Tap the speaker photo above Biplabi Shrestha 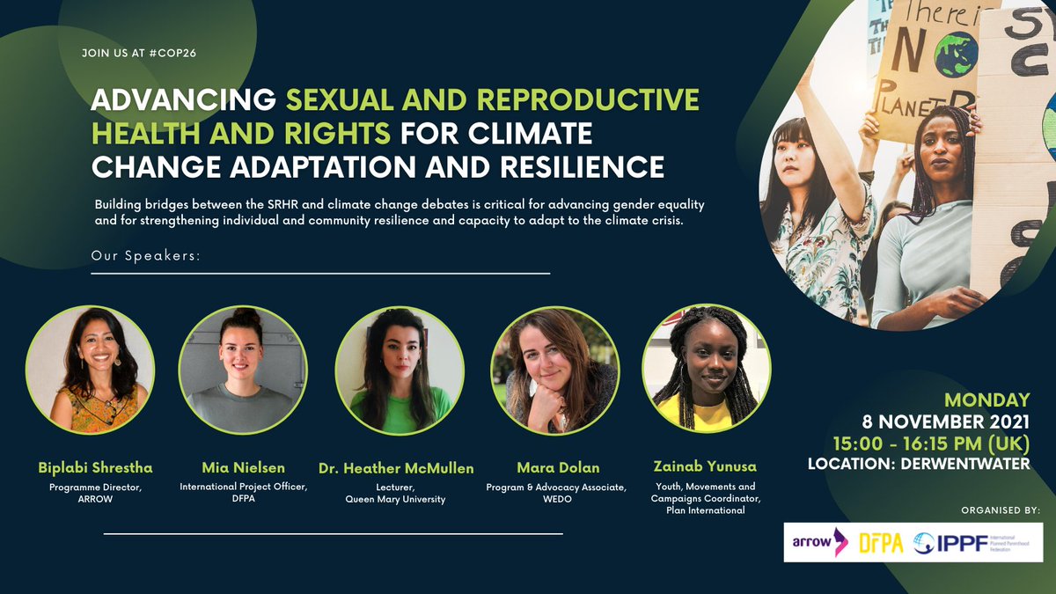pyautogui.click(x=90, y=368)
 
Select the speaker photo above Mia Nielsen pyautogui.click(x=243, y=368)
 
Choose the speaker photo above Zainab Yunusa pyautogui.click(x=707, y=368)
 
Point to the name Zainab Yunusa pyautogui.click(x=706, y=467)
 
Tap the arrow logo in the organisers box pyautogui.click(x=818, y=542)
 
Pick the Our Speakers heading pyautogui.click(x=146, y=256)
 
